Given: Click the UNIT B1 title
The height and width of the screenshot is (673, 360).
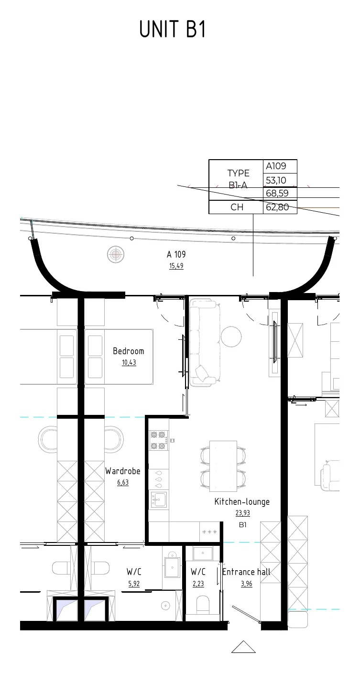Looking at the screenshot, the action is point(173,29).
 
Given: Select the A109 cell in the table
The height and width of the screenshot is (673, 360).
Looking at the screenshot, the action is point(276,166).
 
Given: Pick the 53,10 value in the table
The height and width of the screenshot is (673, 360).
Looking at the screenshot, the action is point(276,180).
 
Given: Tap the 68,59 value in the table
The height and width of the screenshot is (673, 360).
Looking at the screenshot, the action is point(277,193).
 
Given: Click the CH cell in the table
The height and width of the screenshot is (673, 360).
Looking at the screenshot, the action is point(237,207).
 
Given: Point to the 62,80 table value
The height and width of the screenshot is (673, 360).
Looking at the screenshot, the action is point(277,207).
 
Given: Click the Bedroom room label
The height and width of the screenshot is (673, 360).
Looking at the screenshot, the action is point(128,351).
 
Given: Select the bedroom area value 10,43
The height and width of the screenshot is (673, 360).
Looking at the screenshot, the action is point(129,362).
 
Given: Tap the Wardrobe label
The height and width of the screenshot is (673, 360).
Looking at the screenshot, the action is point(122,471).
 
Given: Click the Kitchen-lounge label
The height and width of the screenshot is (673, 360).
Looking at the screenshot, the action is point(242,501).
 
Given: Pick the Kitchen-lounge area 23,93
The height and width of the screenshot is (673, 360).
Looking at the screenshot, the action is point(242,512).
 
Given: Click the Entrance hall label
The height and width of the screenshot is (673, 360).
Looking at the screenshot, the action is point(246,572).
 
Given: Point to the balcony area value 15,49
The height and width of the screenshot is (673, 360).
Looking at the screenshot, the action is point(176,266).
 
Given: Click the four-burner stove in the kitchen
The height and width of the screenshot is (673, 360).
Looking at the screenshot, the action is point(159,440).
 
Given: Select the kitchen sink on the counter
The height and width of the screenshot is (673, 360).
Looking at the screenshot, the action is point(159,499).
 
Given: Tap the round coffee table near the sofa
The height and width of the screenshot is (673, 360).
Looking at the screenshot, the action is point(231,336).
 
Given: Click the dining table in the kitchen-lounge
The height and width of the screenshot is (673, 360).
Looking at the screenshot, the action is point(223,466).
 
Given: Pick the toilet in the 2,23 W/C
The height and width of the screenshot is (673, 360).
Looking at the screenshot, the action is point(203,605).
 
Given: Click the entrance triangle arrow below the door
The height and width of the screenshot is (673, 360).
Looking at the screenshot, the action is point(243,647).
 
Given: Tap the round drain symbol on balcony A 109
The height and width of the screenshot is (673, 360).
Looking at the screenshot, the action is point(116,254).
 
